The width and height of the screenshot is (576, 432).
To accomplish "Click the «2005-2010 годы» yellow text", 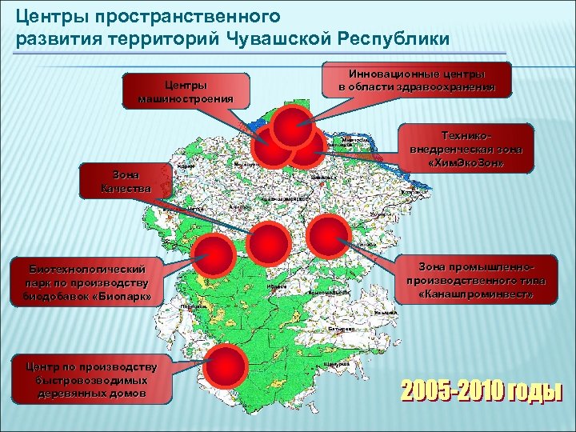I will pos(481,391).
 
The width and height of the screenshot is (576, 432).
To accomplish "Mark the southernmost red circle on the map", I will pos(226,367).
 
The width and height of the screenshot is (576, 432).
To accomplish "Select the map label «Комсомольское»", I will pos(329,293).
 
